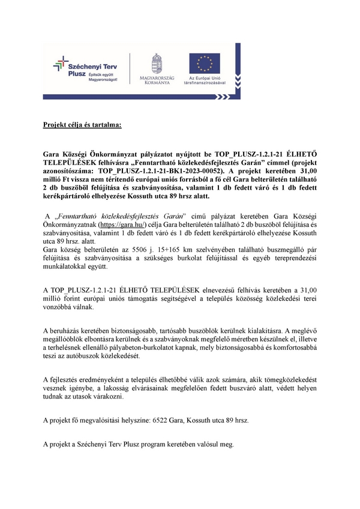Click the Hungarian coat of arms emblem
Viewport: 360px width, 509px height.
click(157, 62)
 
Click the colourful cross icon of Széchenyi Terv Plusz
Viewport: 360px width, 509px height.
click(61, 62)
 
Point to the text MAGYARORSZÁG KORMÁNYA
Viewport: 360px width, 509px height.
click(157, 80)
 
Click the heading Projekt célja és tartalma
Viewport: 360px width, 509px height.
click(82, 125)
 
